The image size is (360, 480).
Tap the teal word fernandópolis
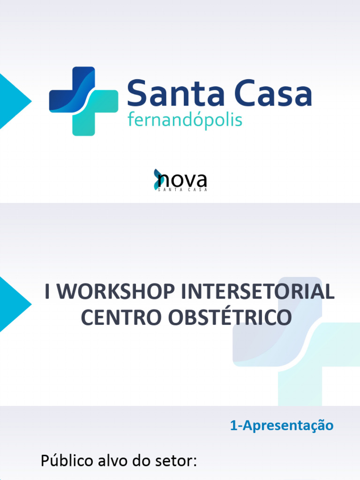(x=185, y=120)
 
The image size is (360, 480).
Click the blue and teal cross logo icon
(x=83, y=101)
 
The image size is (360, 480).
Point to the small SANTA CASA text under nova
(x=183, y=189)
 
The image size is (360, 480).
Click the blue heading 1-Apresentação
(x=282, y=426)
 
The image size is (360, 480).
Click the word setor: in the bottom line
(x=176, y=461)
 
